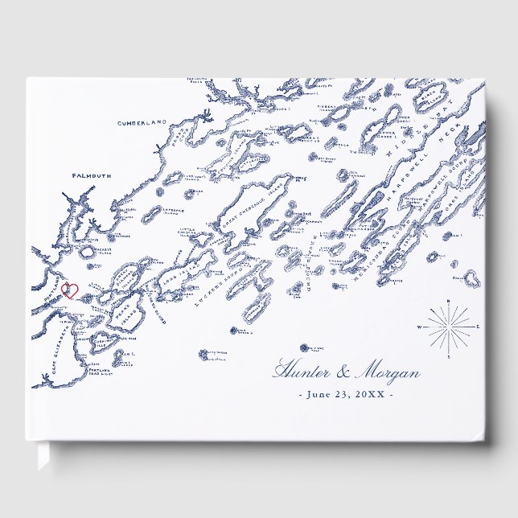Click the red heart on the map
[69, 290]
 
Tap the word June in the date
[319, 394]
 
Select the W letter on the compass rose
[419, 327]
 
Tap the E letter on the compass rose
[478, 327]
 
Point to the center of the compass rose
[448, 327]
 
